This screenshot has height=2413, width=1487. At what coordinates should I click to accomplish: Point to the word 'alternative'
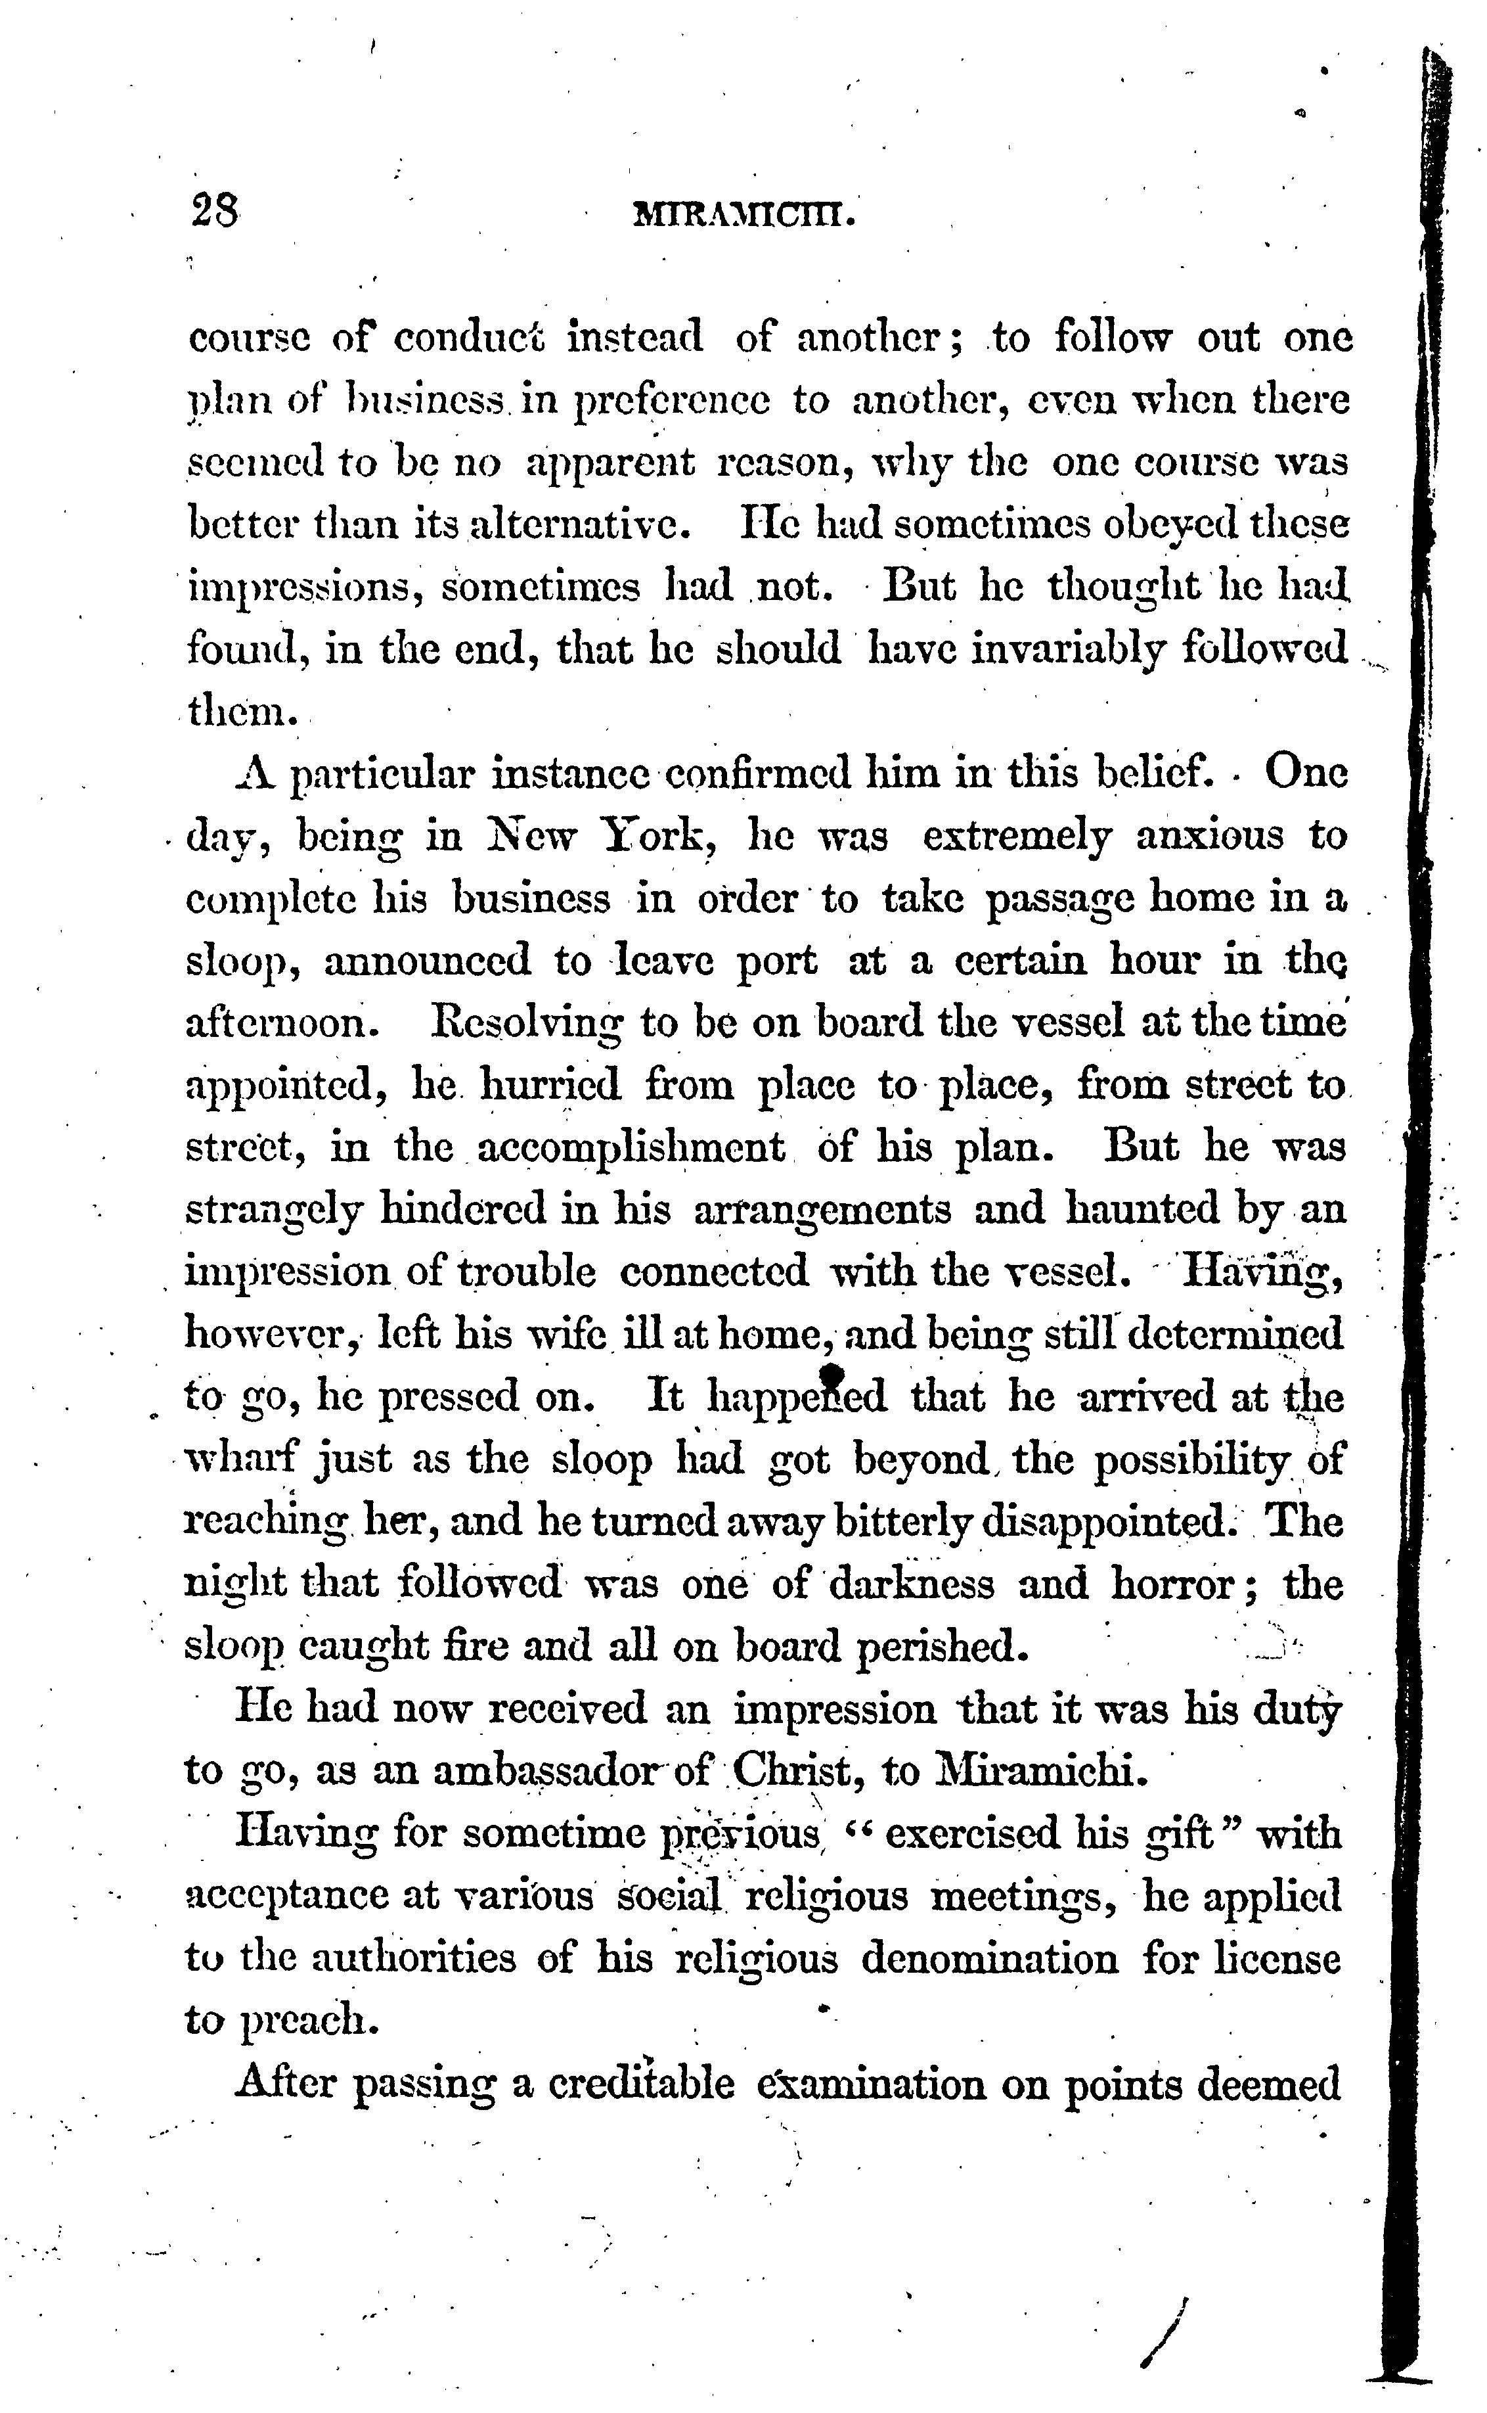click(x=577, y=524)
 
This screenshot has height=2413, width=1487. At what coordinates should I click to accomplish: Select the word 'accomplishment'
click(x=631, y=1147)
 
